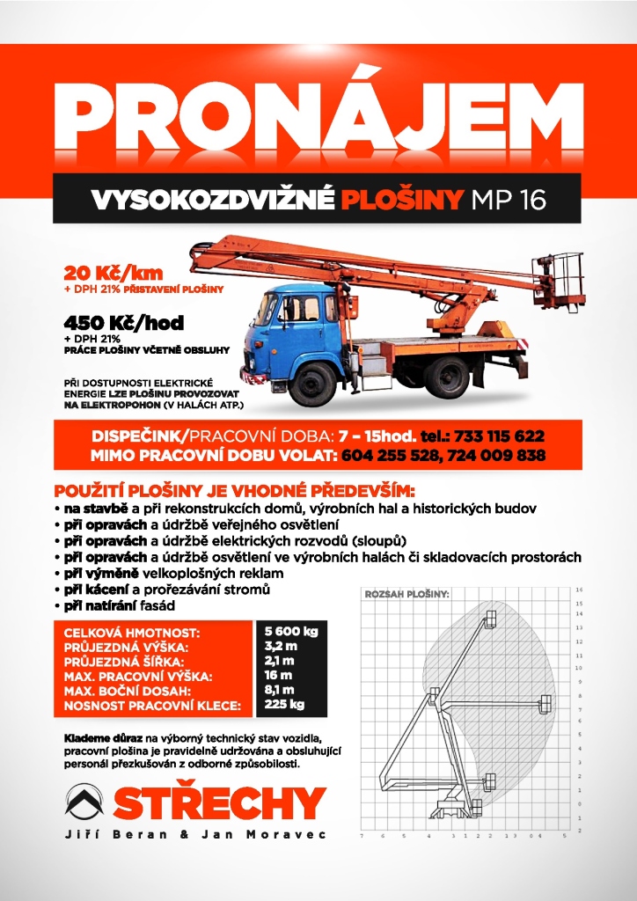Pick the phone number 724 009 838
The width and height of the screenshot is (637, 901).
501,455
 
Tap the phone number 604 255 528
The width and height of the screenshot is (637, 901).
387,455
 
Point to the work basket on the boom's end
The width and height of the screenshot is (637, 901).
560,279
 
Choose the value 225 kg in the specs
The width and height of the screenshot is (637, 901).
283,704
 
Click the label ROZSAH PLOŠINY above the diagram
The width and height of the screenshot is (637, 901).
406,595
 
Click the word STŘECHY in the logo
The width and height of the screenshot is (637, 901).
220,802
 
